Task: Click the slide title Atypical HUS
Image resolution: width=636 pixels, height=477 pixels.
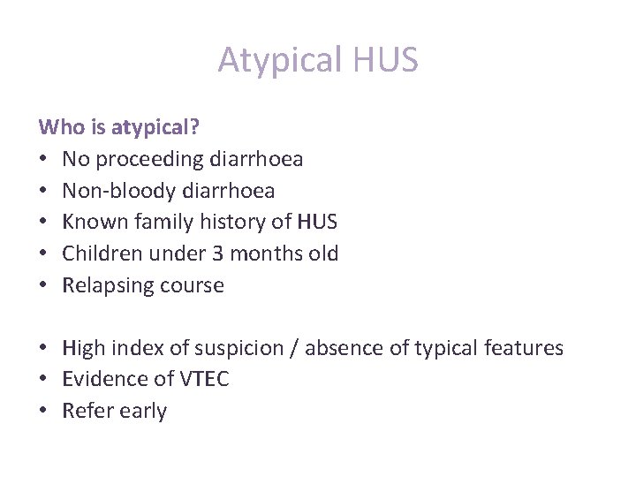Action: pos(318,60)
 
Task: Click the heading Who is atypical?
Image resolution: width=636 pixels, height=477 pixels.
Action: pos(119,127)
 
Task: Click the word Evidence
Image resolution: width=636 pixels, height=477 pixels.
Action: pos(103,379)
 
